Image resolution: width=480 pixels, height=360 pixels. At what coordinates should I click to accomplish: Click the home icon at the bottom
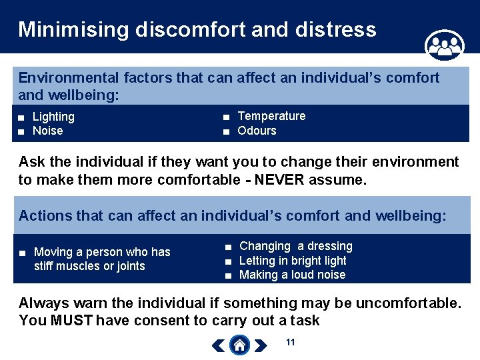[x=239, y=345]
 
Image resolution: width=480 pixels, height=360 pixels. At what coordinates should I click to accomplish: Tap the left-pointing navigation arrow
[x=219, y=345]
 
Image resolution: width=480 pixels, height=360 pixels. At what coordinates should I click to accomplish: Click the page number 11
[x=290, y=342]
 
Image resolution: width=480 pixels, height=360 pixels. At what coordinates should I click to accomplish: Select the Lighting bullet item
[x=53, y=117]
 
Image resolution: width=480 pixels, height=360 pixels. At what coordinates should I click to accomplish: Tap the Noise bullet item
[x=47, y=131]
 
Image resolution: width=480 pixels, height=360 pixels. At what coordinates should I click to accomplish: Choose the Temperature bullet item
[x=271, y=116]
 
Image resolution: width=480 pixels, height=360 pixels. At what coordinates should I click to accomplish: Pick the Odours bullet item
[x=257, y=131]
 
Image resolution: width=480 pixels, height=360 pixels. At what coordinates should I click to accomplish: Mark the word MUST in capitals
[x=73, y=321]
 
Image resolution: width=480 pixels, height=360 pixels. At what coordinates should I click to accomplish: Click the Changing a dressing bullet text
[x=295, y=246]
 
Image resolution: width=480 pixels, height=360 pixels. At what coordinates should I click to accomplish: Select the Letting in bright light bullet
[x=293, y=261]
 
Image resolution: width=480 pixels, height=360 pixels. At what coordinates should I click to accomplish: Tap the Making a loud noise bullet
[x=292, y=275]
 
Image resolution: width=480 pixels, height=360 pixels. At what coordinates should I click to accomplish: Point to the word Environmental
[x=62, y=78]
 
